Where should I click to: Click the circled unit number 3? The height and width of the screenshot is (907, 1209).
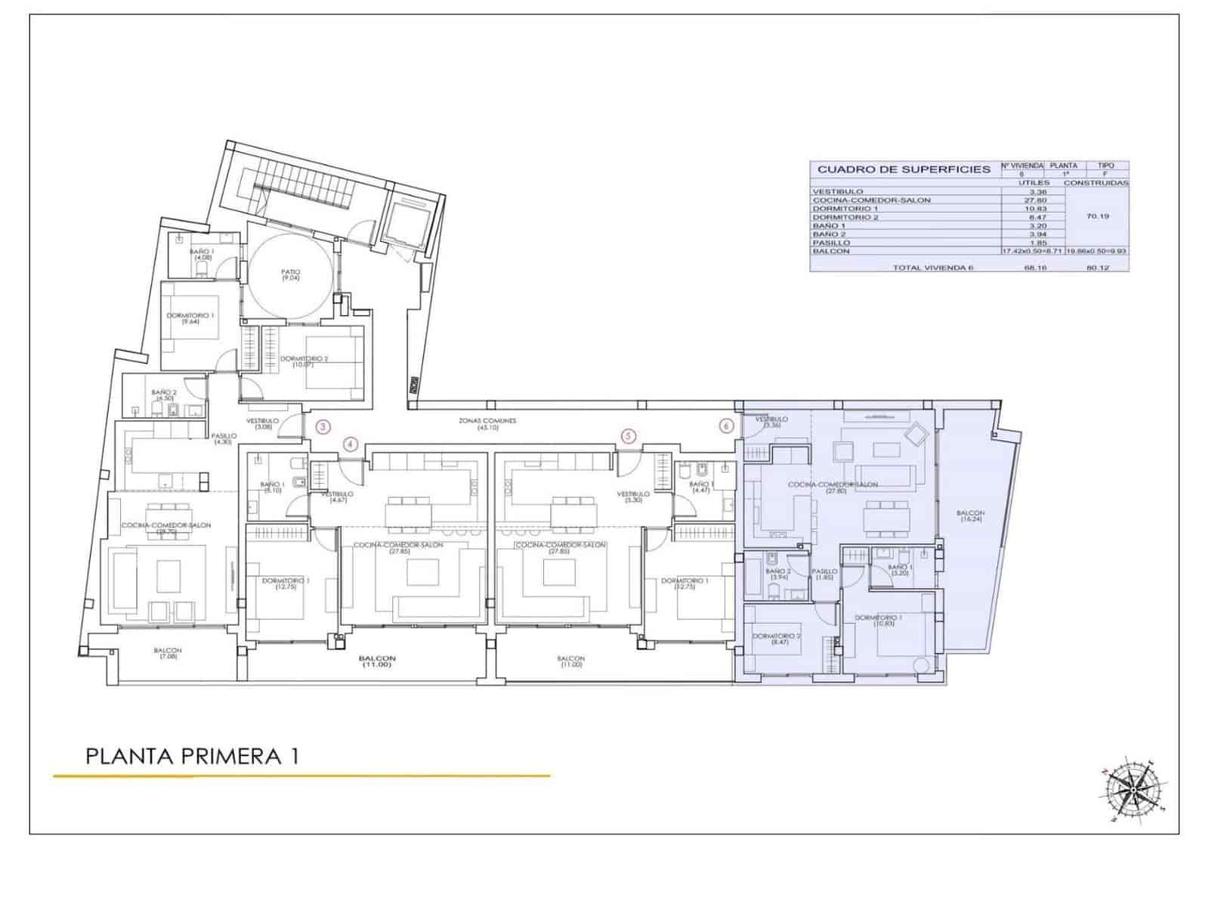click(x=323, y=426)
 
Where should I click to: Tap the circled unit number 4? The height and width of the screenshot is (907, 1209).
click(x=351, y=444)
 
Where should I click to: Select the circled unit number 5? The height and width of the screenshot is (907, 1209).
click(x=629, y=436)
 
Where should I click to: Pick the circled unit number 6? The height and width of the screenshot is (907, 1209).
click(x=726, y=426)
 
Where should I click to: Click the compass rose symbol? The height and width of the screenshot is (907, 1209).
click(x=1131, y=791)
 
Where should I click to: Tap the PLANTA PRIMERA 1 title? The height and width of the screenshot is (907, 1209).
click(x=192, y=756)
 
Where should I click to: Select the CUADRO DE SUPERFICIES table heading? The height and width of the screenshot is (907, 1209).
click(x=904, y=169)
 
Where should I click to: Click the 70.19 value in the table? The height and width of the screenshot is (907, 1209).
click(x=1097, y=216)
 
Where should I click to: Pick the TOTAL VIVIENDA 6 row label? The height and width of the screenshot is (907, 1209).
click(x=932, y=268)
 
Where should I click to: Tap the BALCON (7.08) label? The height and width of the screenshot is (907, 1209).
click(x=168, y=654)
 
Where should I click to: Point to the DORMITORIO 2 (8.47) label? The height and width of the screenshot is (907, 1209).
click(x=776, y=639)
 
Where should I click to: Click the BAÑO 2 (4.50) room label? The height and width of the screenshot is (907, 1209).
click(x=164, y=395)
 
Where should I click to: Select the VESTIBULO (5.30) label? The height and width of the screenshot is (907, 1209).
click(x=633, y=497)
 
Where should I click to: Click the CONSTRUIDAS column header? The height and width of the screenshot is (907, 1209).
click(x=1096, y=183)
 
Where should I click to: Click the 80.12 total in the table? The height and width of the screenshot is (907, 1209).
click(x=1097, y=268)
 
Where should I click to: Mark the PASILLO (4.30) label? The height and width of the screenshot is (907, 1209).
click(x=224, y=439)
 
